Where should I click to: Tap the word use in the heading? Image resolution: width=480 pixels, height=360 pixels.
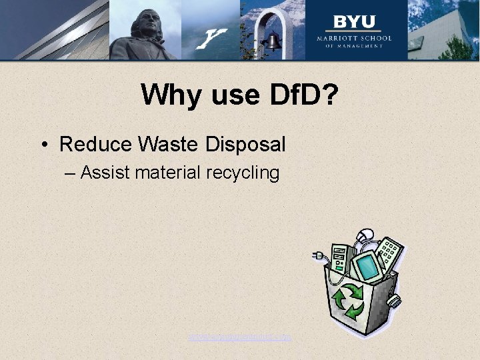pos(233,96)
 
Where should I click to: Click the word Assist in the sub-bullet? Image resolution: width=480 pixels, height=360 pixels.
pos(105,173)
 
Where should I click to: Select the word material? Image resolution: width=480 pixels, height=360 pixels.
pos(167,173)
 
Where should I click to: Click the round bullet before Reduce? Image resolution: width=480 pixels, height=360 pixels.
pos(44,145)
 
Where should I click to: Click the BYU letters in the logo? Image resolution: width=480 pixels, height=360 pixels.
pos(354,22)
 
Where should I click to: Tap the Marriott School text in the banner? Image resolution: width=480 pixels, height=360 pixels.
pos(354,39)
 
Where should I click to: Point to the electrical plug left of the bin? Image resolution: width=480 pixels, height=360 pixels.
pos(318,255)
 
